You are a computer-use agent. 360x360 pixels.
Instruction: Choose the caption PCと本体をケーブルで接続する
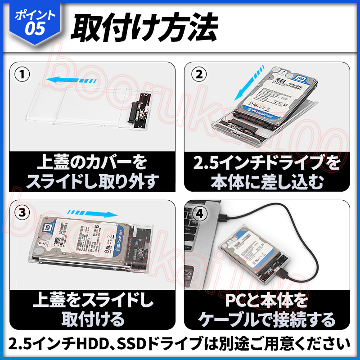pyautogui.click(x=267, y=310)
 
